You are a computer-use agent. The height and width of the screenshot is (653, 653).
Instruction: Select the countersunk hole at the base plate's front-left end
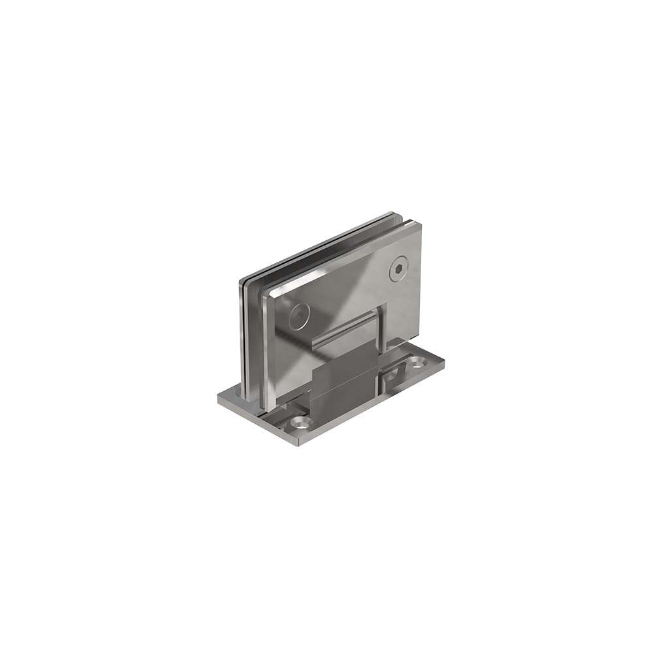[x=300, y=423]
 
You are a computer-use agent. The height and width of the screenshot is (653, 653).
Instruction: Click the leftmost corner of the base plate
[x=218, y=397]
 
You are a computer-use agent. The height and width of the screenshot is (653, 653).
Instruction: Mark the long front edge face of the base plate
[x=372, y=406]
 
